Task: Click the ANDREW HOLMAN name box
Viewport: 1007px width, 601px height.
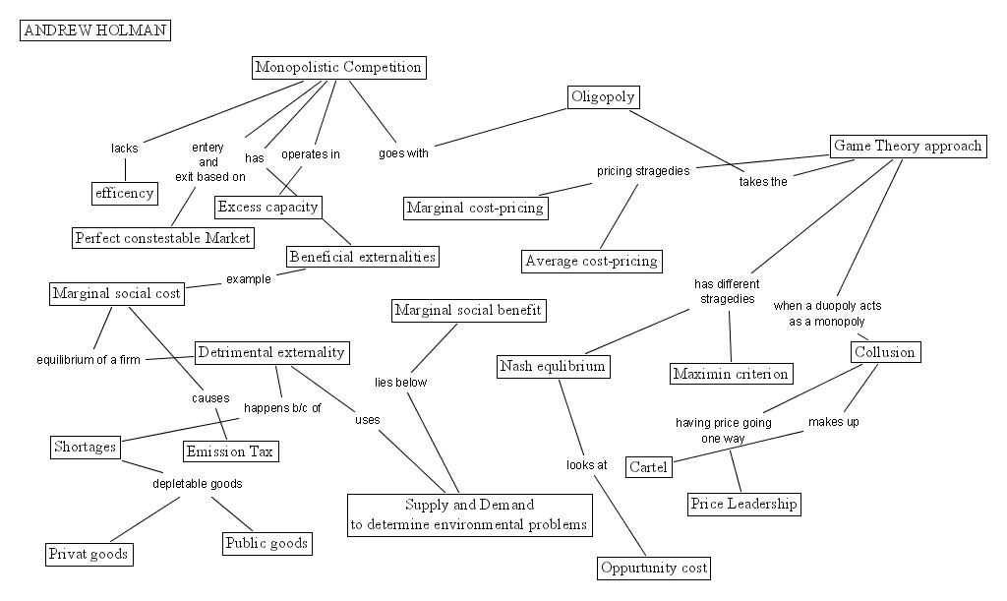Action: (x=95, y=30)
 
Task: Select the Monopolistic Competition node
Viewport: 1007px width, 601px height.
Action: (x=338, y=68)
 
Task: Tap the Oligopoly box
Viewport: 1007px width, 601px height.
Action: (x=603, y=97)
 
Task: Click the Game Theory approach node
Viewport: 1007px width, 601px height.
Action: (x=908, y=147)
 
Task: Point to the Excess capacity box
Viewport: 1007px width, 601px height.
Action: (x=267, y=207)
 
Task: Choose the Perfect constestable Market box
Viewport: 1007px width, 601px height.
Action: (x=163, y=238)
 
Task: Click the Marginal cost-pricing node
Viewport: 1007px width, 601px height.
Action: (x=476, y=209)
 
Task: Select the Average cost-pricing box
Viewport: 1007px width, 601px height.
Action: (x=591, y=261)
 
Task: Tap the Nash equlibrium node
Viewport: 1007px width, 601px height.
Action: (x=553, y=367)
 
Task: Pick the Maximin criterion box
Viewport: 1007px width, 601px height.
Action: (x=731, y=374)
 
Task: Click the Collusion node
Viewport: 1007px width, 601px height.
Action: (x=885, y=352)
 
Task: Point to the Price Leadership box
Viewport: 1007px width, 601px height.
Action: (x=744, y=504)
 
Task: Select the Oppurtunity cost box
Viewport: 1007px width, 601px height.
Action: (x=654, y=569)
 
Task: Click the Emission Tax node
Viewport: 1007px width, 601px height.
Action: (x=230, y=451)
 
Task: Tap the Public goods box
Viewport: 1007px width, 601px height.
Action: (x=267, y=544)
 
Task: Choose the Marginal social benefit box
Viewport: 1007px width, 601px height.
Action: (x=468, y=311)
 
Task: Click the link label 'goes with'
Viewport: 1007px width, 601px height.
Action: (x=403, y=153)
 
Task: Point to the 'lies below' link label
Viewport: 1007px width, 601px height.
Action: (x=401, y=383)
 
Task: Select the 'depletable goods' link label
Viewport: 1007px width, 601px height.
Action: (x=197, y=484)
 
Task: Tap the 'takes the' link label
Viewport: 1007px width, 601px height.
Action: (x=763, y=182)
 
